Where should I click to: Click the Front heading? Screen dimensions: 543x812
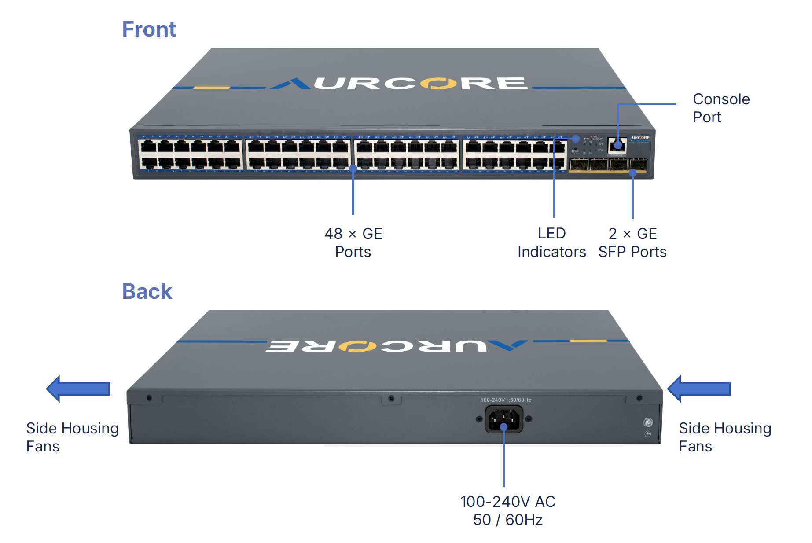(149, 29)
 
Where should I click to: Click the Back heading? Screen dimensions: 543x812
(147, 291)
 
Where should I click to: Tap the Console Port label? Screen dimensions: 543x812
(721, 108)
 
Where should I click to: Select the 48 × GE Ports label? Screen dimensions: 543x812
(353, 242)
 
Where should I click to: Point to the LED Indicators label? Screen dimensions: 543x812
(551, 242)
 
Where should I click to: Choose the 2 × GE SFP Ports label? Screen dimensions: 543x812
(632, 242)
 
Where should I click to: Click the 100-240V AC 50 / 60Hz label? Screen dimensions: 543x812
(507, 510)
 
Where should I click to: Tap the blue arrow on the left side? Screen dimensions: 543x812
(78, 389)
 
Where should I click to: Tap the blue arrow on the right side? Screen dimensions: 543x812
(698, 389)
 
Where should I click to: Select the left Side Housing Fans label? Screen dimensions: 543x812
(72, 437)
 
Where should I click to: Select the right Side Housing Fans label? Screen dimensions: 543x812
(724, 437)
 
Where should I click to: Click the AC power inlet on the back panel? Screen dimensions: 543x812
(504, 419)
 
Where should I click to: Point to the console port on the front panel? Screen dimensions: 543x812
(617, 145)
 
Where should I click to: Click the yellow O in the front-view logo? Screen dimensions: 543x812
(438, 83)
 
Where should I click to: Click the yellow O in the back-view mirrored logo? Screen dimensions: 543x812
(357, 346)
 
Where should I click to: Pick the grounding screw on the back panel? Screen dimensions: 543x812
(648, 422)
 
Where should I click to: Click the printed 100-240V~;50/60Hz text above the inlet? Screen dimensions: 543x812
(505, 400)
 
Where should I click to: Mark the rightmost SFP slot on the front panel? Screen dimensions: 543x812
(638, 165)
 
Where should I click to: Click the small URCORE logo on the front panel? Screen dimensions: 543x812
(640, 138)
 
